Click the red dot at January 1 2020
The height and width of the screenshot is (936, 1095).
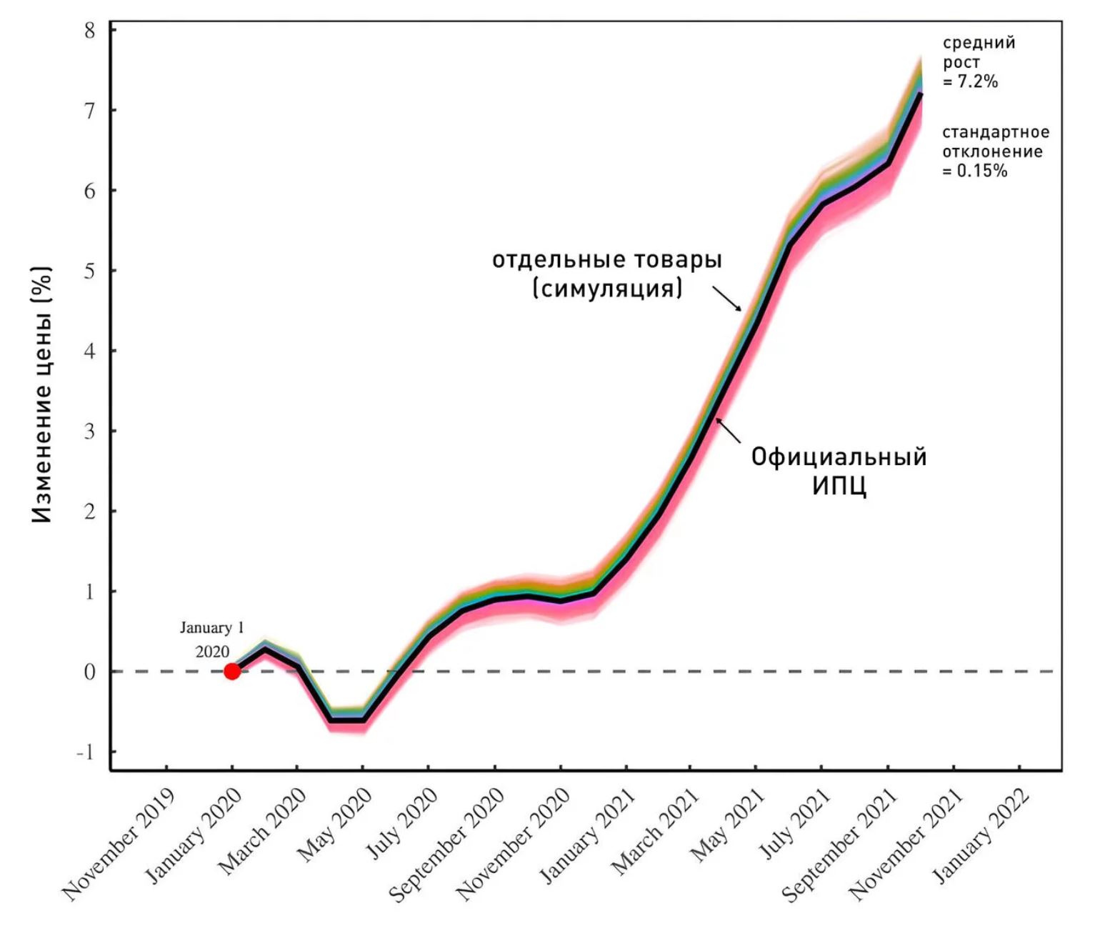(x=231, y=671)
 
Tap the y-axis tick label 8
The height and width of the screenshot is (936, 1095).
(x=89, y=31)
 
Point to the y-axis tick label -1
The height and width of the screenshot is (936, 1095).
(x=85, y=752)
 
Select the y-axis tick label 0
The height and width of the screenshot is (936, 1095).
(x=89, y=672)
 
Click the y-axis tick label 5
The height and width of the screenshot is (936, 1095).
(x=89, y=272)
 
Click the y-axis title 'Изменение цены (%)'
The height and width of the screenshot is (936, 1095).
(x=42, y=395)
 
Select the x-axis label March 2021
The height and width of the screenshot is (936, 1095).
(x=655, y=831)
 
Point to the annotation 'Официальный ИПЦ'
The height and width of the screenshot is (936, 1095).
(x=839, y=471)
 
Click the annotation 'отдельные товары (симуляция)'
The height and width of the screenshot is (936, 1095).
(x=607, y=273)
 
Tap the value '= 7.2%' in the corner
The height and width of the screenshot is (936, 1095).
(x=970, y=81)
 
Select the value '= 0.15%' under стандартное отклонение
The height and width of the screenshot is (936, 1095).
(x=974, y=171)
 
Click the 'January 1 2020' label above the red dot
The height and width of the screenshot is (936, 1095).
(x=212, y=639)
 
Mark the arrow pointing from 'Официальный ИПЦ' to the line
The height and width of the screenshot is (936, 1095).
(x=729, y=430)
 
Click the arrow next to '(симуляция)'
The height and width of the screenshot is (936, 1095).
(x=727, y=299)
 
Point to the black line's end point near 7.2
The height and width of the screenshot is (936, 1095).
(x=920, y=94)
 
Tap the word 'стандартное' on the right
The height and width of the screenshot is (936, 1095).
(x=996, y=132)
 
